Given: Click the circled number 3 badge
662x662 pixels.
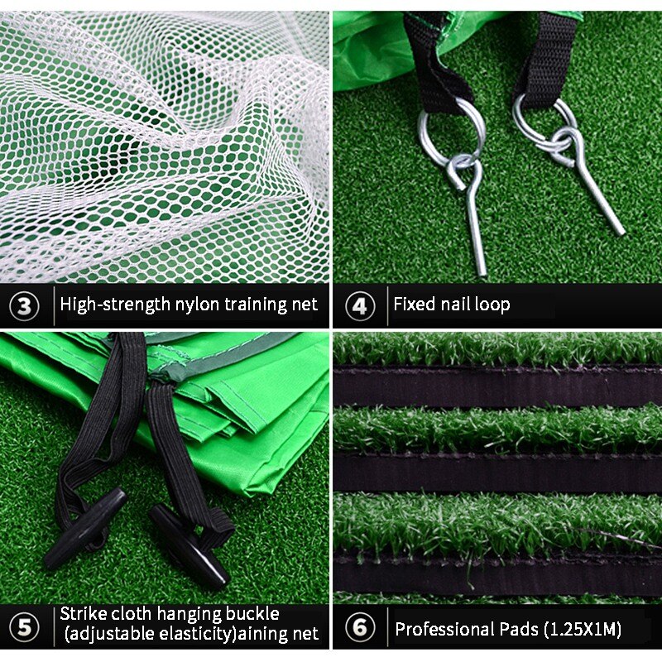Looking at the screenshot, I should tap(24, 305).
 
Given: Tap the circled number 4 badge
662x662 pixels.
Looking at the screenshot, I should tap(359, 305).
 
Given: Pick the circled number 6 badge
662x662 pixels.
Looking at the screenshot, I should tap(359, 627).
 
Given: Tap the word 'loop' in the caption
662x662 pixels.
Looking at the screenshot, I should tap(492, 305).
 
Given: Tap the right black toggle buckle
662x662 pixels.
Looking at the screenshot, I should tap(189, 546).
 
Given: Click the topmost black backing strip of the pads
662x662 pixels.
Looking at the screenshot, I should tap(496, 386).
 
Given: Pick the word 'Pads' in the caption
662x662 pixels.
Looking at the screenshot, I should tap(516, 629).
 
